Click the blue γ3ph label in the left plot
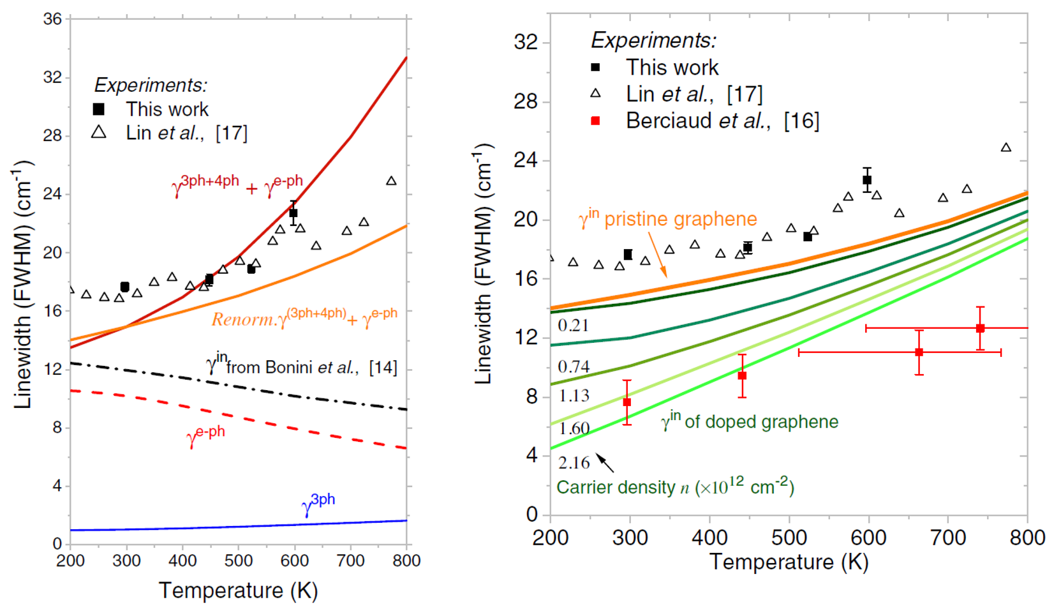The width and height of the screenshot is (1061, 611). (318, 502)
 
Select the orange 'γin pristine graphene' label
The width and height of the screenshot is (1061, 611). (667, 219)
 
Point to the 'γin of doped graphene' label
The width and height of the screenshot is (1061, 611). (750, 421)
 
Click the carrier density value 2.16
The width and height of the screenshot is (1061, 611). (574, 463)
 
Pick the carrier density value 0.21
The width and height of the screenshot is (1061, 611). (573, 326)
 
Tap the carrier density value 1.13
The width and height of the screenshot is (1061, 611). (574, 396)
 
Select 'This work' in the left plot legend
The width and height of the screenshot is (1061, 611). (167, 109)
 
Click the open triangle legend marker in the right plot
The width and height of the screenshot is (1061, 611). (596, 93)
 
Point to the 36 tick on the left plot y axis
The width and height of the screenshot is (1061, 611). (53, 19)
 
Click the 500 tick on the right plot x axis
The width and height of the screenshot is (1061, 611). (789, 538)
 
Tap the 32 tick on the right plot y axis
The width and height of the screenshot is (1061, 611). (526, 42)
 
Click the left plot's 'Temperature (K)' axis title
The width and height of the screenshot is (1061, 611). (238, 591)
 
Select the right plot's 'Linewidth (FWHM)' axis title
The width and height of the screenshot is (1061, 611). (484, 263)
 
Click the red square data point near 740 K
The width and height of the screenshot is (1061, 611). (980, 328)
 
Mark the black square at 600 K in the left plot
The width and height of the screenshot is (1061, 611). (293, 213)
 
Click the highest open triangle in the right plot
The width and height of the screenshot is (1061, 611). (1006, 147)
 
